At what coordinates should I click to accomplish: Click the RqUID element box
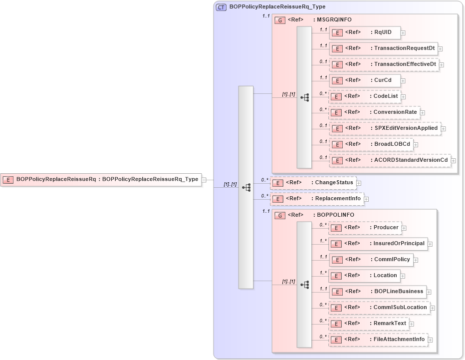pos(364,32)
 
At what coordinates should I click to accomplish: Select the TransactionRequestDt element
pos(383,48)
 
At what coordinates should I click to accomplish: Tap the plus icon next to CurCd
pos(403,80)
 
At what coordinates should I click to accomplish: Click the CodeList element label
pos(386,96)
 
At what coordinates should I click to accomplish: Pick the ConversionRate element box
pos(374,112)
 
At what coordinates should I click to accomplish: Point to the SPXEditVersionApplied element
pos(385,128)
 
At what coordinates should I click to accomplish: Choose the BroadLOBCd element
pos(371,144)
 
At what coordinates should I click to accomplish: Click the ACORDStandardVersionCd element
pos(389,160)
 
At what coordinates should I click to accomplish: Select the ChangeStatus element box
pos(313,183)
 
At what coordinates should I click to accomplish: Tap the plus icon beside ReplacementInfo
pos(366,199)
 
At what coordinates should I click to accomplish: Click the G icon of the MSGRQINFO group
pos(280,20)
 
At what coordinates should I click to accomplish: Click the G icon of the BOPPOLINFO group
pos(280,215)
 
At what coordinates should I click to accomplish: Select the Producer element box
pos(365,228)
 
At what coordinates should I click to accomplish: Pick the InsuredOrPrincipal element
pos(378,244)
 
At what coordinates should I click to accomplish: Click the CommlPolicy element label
pos(392,259)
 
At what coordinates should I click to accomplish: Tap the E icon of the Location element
pos(337,276)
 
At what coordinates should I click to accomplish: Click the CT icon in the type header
pos(221,7)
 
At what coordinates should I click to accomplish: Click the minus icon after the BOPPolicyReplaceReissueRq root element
pos(204,180)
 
